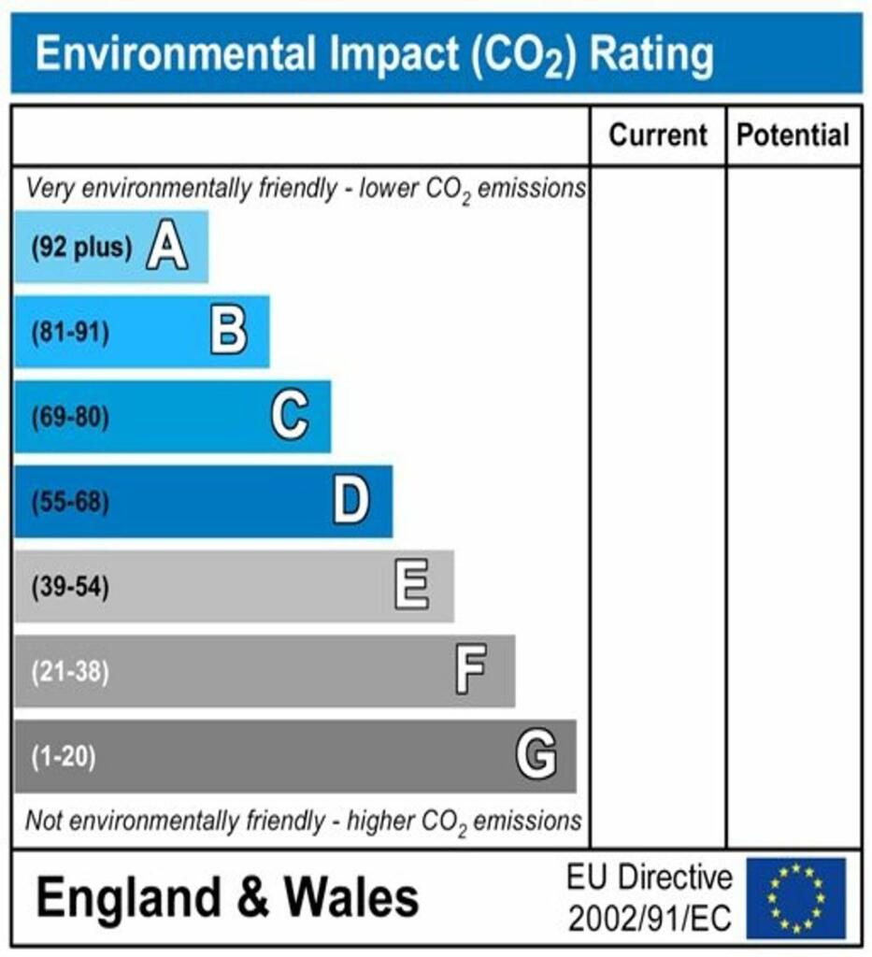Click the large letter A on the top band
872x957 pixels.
pyautogui.click(x=166, y=248)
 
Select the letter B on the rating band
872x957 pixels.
pyautogui.click(x=228, y=332)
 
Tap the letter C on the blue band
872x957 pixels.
pyautogui.click(x=290, y=416)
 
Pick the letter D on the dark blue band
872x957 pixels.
pyautogui.click(x=351, y=501)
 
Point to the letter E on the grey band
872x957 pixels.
pyautogui.click(x=411, y=586)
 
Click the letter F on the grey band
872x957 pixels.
pyautogui.click(x=471, y=670)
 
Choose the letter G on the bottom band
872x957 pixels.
pyautogui.click(x=536, y=755)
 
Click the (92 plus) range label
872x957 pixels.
pyautogui.click(x=81, y=249)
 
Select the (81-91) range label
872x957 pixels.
pyautogui.click(x=70, y=333)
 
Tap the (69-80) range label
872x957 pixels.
pyautogui.click(x=70, y=417)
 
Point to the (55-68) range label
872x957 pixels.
pyautogui.click(x=70, y=502)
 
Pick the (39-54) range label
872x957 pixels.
pyautogui.click(x=70, y=587)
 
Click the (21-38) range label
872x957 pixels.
pyautogui.click(x=70, y=671)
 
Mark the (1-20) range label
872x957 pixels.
pyautogui.click(x=64, y=756)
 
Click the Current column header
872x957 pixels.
pyautogui.click(x=658, y=136)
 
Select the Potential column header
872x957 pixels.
pyautogui.click(x=793, y=136)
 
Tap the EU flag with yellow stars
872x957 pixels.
pyautogui.click(x=795, y=898)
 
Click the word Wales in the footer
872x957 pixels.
pyautogui.click(x=351, y=898)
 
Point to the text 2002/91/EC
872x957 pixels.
pyautogui.click(x=650, y=919)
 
